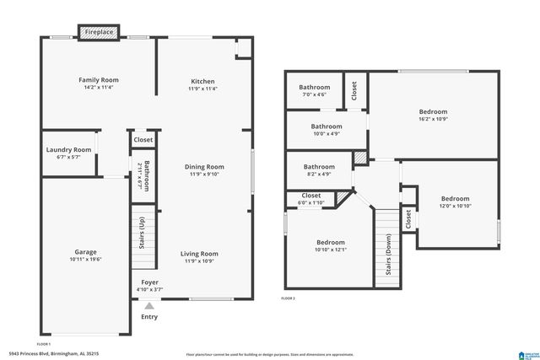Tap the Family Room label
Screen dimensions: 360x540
pyautogui.click(x=97, y=81)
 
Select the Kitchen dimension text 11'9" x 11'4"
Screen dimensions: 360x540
pyautogui.click(x=202, y=89)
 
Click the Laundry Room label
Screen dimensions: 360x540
pyautogui.click(x=68, y=149)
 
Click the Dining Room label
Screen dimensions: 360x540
pyautogui.click(x=204, y=167)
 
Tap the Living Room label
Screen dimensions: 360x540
pyautogui.click(x=200, y=253)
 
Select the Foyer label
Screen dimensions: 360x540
pyautogui.click(x=149, y=282)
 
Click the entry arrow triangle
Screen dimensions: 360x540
pyautogui.click(x=149, y=305)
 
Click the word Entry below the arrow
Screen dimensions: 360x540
pyautogui.click(x=149, y=317)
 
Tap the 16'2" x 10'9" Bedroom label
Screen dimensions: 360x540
pyautogui.click(x=433, y=111)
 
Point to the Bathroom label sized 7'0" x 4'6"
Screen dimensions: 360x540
pyautogui.click(x=314, y=87)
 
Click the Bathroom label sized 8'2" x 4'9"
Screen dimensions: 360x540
pyautogui.click(x=319, y=167)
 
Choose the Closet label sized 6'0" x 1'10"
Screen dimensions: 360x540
pyautogui.click(x=310, y=196)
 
